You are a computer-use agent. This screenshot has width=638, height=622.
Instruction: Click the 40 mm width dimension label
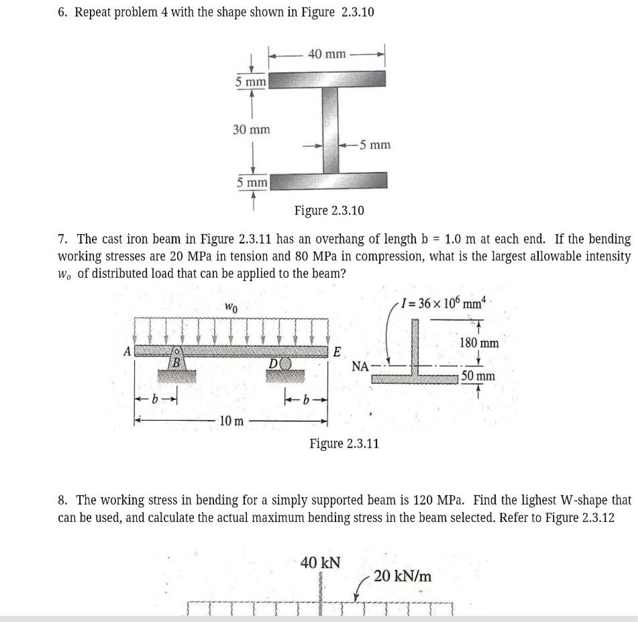327,54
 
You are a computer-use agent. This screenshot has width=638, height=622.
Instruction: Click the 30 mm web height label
251,129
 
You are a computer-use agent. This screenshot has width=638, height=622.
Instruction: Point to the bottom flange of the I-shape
329,180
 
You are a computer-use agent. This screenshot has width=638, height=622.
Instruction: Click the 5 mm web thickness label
374,144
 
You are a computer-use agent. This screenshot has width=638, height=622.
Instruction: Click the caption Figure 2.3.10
329,211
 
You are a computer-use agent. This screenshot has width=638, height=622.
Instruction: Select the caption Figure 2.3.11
344,444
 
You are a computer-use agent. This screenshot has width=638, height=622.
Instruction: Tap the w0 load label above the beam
231,308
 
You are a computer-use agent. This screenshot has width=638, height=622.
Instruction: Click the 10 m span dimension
232,421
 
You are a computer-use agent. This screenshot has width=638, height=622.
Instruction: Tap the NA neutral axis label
360,366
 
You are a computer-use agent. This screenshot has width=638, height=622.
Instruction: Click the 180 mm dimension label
478,344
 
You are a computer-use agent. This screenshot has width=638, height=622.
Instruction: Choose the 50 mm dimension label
478,376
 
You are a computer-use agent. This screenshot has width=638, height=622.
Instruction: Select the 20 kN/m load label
403,576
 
